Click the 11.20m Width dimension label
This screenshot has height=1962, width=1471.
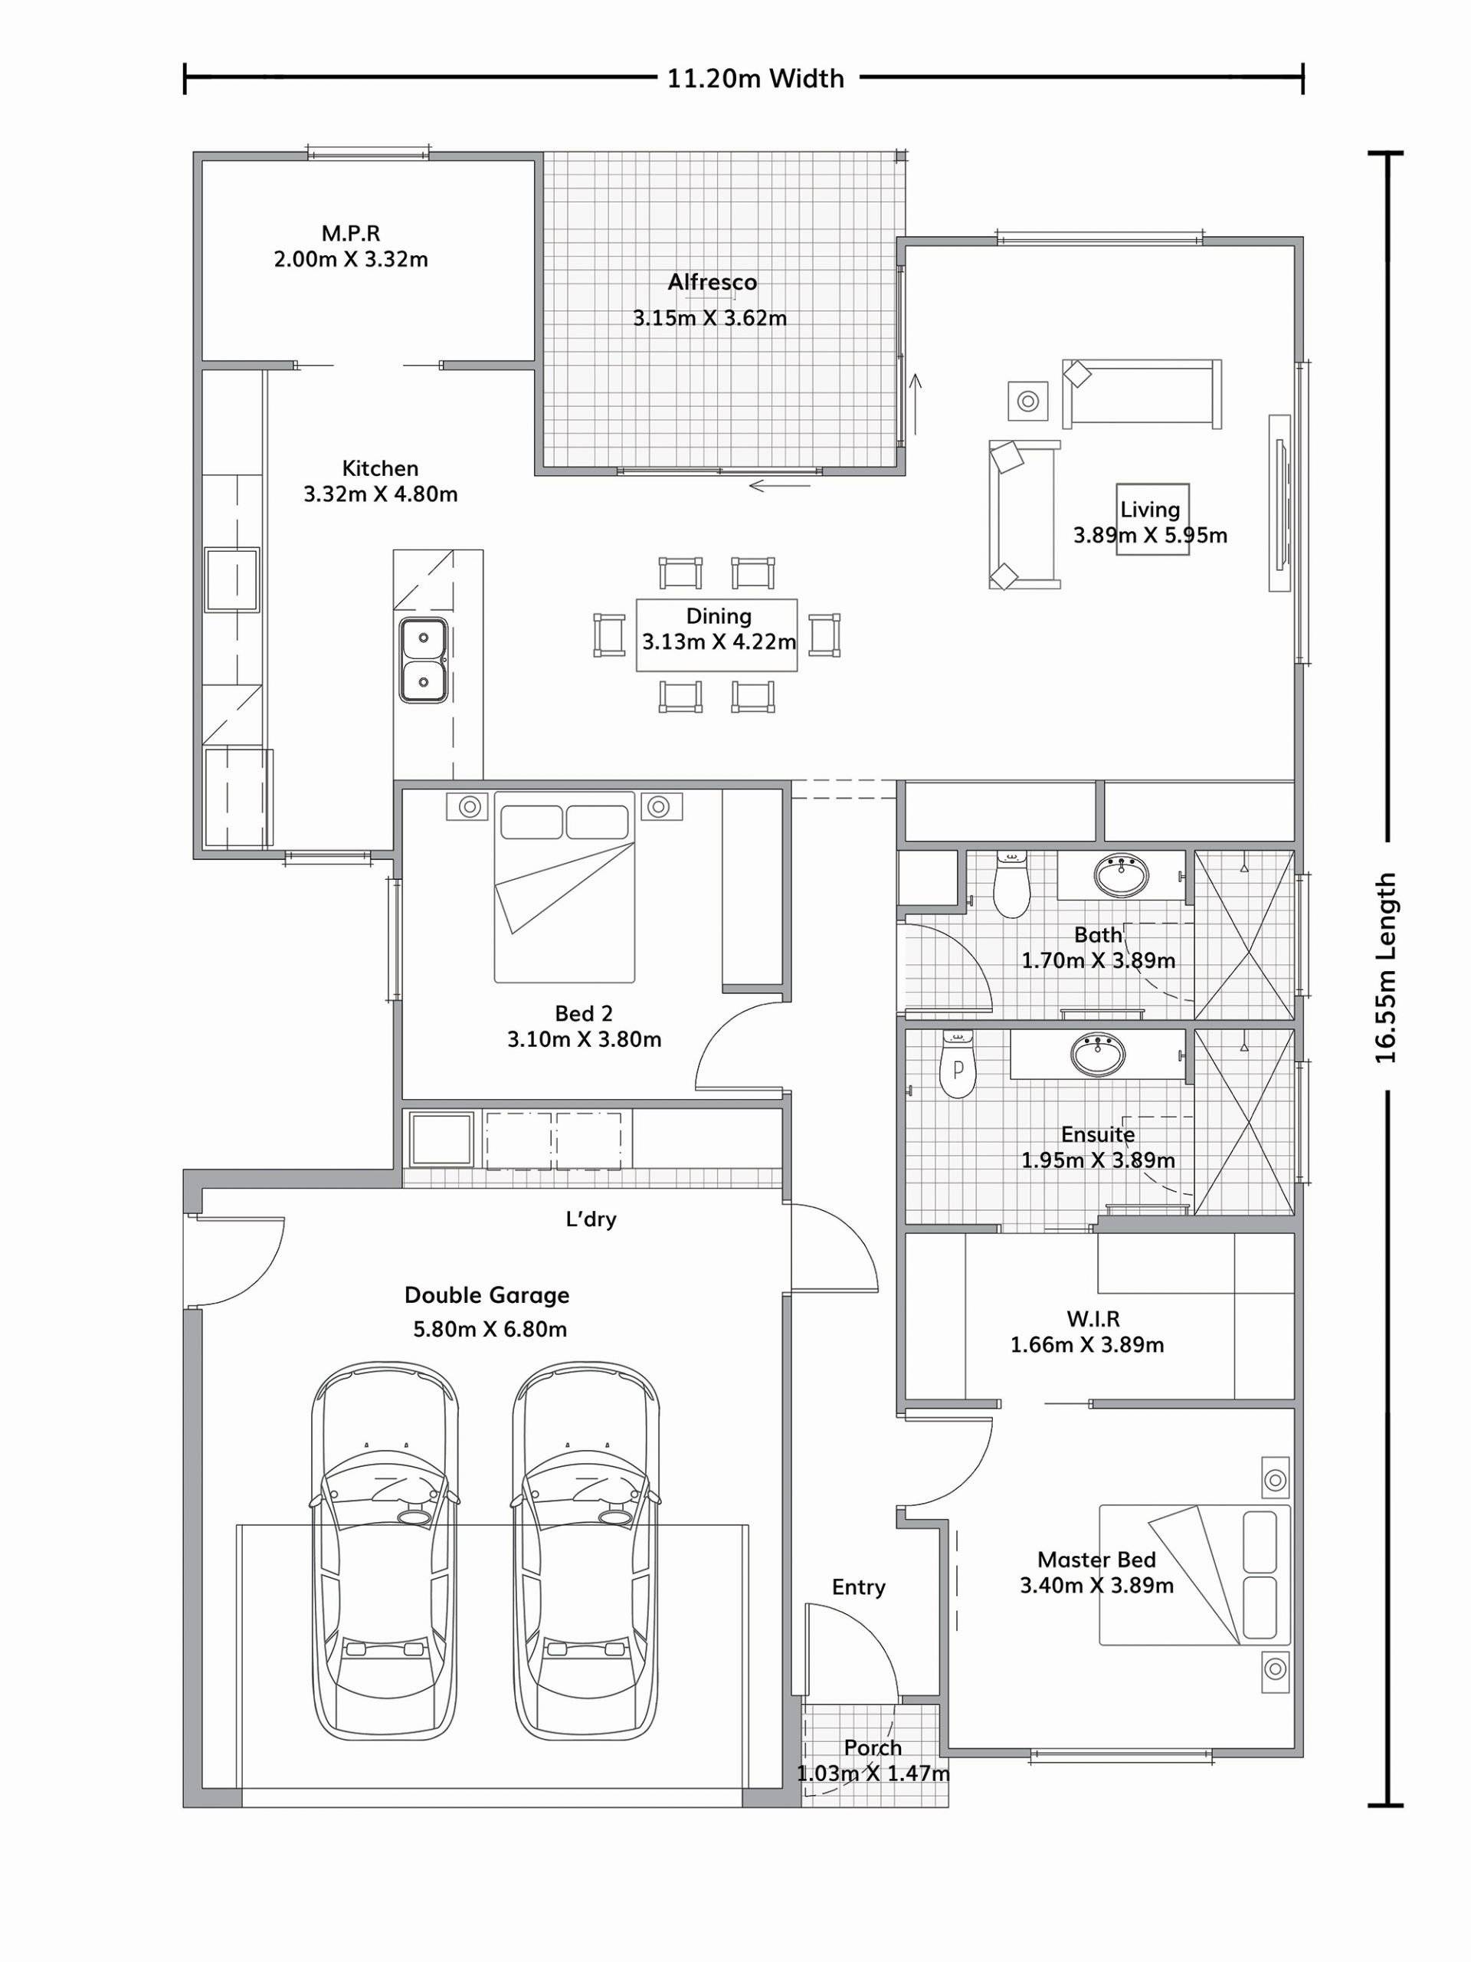(755, 79)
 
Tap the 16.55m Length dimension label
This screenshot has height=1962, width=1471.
(1386, 969)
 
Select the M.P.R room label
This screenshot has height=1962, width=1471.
(350, 233)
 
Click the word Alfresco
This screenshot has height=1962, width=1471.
(712, 282)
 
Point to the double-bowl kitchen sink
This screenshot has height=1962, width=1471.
(423, 661)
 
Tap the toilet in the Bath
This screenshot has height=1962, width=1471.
(1009, 883)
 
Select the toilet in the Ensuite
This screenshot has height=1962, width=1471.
(957, 1064)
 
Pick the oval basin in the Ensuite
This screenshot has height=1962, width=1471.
(1099, 1054)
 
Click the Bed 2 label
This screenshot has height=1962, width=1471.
(584, 1013)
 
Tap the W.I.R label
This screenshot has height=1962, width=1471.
(1093, 1319)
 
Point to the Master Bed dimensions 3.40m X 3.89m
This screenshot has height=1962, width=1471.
(1097, 1585)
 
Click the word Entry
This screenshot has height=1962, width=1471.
(858, 1588)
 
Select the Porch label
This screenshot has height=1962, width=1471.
(873, 1747)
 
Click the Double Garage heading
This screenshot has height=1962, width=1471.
(487, 1295)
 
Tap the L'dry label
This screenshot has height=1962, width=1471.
(591, 1219)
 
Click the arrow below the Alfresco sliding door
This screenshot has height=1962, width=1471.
(779, 485)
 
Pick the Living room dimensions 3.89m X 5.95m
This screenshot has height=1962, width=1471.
(1150, 535)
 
